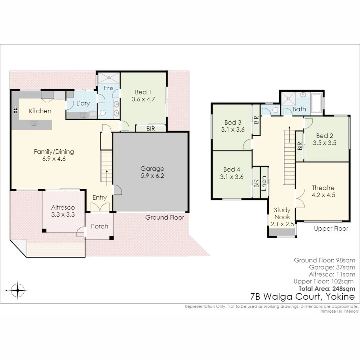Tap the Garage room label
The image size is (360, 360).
click(x=152, y=169)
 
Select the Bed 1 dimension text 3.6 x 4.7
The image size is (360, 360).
click(x=145, y=99)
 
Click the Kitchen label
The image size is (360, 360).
click(x=40, y=111)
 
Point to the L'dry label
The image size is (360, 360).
click(x=83, y=103)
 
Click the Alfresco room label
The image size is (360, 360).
click(x=63, y=207)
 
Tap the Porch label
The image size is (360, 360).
click(x=100, y=226)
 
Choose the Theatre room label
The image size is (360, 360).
click(x=323, y=188)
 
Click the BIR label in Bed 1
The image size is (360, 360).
click(x=151, y=129)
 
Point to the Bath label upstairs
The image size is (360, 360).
click(x=299, y=109)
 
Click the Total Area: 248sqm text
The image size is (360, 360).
click(x=327, y=289)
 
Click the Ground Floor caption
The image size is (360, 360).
click(x=165, y=217)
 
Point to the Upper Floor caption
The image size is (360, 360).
click(x=331, y=228)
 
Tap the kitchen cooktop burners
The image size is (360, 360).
click(x=15, y=110)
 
